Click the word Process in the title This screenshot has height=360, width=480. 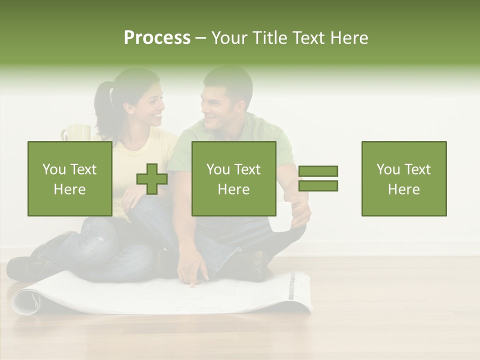tap(157, 38)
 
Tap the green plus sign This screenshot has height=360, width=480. tap(152, 178)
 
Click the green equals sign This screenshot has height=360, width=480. tap(318, 178)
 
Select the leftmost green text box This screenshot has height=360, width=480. tap(70, 178)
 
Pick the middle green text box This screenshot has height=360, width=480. tap(233, 178)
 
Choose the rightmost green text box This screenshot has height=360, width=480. tap(403, 178)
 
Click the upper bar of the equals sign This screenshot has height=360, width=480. tap(318, 171)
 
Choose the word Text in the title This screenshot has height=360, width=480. tap(306, 38)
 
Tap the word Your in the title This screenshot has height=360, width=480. tap(229, 38)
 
